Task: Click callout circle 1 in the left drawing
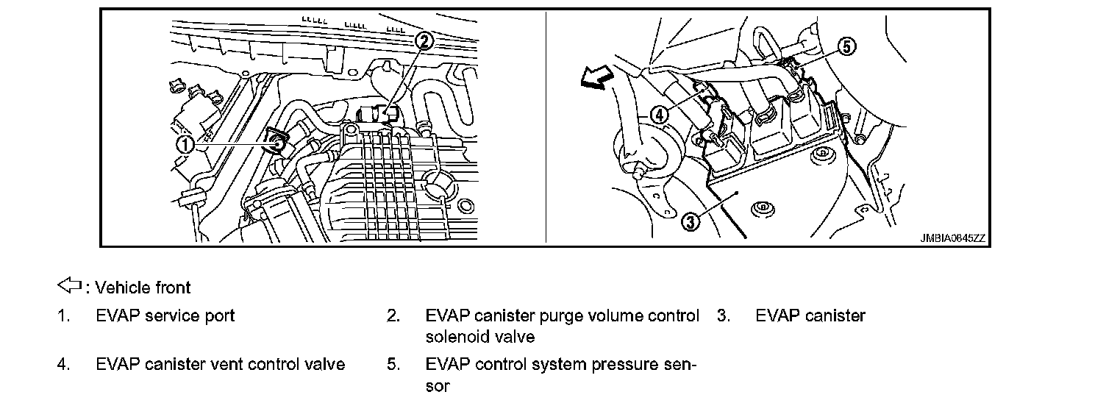(185, 145)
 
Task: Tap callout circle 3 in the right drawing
(691, 219)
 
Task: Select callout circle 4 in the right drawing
(660, 115)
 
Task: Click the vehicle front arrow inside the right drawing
(596, 76)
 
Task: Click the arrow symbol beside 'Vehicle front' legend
(68, 285)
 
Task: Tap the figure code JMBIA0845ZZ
(953, 239)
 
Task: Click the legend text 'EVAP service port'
(165, 316)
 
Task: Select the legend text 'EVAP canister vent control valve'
(220, 364)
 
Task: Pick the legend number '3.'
(724, 316)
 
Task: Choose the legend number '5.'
(393, 364)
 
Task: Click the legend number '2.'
(393, 316)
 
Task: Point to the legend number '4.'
(64, 364)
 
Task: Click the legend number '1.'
(64, 316)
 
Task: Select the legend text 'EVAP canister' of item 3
(810, 316)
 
